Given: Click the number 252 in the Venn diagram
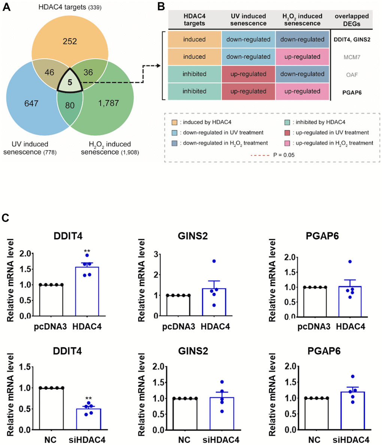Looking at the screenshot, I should [x=70, y=41].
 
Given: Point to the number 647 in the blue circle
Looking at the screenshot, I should [x=31, y=103].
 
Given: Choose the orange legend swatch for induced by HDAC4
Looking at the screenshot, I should [x=175, y=122].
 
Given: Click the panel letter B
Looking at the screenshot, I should [x=160, y=7].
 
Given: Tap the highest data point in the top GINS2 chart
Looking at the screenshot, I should [x=213, y=261].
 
